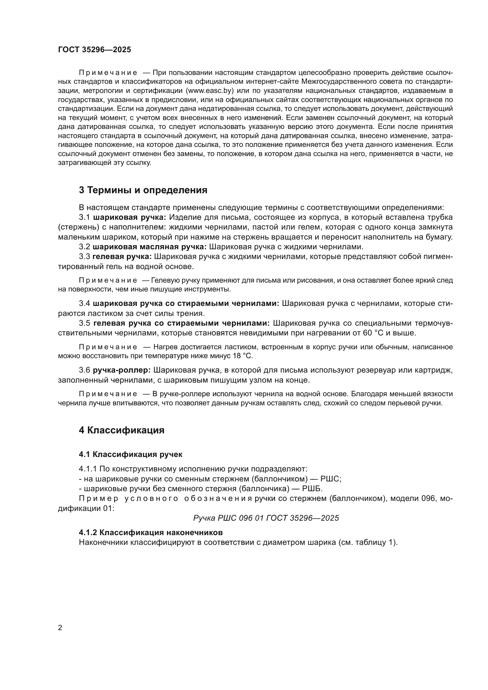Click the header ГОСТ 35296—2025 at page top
click(95, 50)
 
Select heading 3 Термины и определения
click(143, 190)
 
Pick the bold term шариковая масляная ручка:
click(149, 247)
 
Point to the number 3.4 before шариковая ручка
click(84, 304)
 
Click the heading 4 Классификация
click(122, 430)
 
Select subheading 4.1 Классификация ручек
click(130, 454)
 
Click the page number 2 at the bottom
click(60, 628)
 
